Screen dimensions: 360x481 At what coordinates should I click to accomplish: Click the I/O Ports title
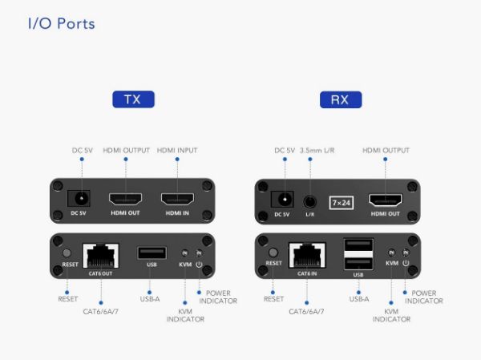coord(61,23)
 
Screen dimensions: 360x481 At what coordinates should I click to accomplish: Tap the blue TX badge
coord(132,99)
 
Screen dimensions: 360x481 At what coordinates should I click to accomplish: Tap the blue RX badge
coord(340,99)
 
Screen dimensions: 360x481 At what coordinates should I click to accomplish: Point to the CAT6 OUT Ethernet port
coord(100,255)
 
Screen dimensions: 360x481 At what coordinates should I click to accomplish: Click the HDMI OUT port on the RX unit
coord(384,200)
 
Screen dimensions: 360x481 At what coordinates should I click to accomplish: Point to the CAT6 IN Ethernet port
coord(307,256)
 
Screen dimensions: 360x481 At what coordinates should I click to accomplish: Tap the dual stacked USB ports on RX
coord(358,255)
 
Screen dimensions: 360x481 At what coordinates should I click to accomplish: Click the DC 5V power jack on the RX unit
coord(281,199)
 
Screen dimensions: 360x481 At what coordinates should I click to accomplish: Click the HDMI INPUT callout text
coord(177,150)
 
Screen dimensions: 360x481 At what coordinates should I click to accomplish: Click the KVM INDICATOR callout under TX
coord(185,315)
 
